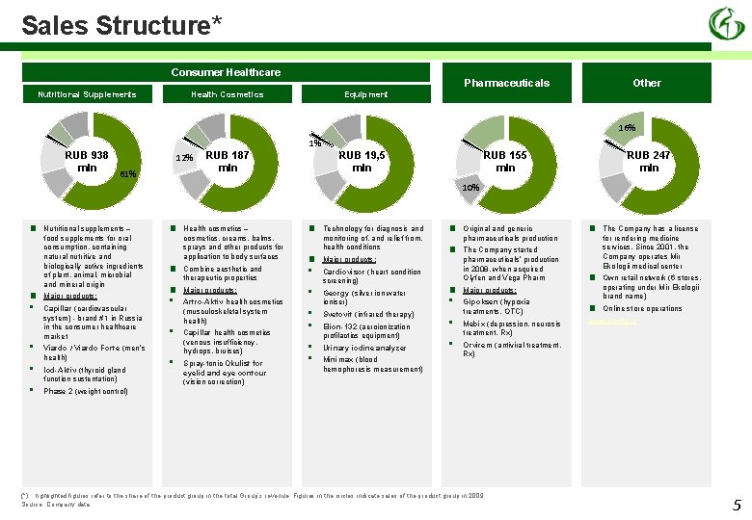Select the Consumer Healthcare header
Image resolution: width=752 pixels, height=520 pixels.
coord(226,72)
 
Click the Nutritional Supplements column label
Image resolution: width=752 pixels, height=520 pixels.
coord(87,94)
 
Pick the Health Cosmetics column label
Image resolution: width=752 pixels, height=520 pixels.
coord(227,94)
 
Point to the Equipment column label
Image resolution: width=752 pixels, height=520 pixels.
coord(365,94)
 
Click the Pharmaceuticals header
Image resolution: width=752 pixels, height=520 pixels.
coord(506,83)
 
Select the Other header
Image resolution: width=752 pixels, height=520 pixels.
coord(646,83)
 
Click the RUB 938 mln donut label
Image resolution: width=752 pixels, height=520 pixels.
coord(87,161)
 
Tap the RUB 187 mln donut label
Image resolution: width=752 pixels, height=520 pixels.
coord(228,161)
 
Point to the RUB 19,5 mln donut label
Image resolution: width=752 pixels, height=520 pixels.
coord(362,161)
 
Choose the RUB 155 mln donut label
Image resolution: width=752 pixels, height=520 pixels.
coord(505,161)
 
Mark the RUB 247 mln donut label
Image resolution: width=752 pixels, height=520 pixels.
coord(649,161)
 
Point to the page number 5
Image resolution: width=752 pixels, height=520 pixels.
coord(737,506)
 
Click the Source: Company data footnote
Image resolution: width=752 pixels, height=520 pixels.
coord(56,504)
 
